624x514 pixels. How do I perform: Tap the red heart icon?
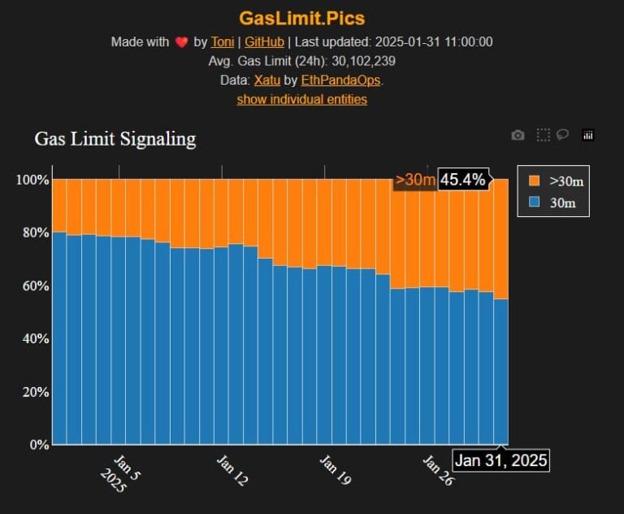click(181, 43)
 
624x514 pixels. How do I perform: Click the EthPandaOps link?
click(340, 80)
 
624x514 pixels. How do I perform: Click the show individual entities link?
click(301, 99)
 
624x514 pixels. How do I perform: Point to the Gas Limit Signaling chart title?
click(115, 138)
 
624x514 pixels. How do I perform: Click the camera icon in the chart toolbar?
click(518, 135)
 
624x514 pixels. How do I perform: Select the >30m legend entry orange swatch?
click(534, 181)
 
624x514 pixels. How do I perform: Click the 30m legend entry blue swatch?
click(534, 203)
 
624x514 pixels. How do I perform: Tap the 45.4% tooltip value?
click(463, 179)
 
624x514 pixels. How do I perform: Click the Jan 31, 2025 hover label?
click(500, 460)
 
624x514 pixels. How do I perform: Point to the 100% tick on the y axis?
click(32, 179)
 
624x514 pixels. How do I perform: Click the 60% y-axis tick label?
click(35, 285)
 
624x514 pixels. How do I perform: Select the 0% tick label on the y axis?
click(39, 445)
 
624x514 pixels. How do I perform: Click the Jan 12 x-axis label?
click(232, 471)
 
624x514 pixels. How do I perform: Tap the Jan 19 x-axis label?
click(335, 471)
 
